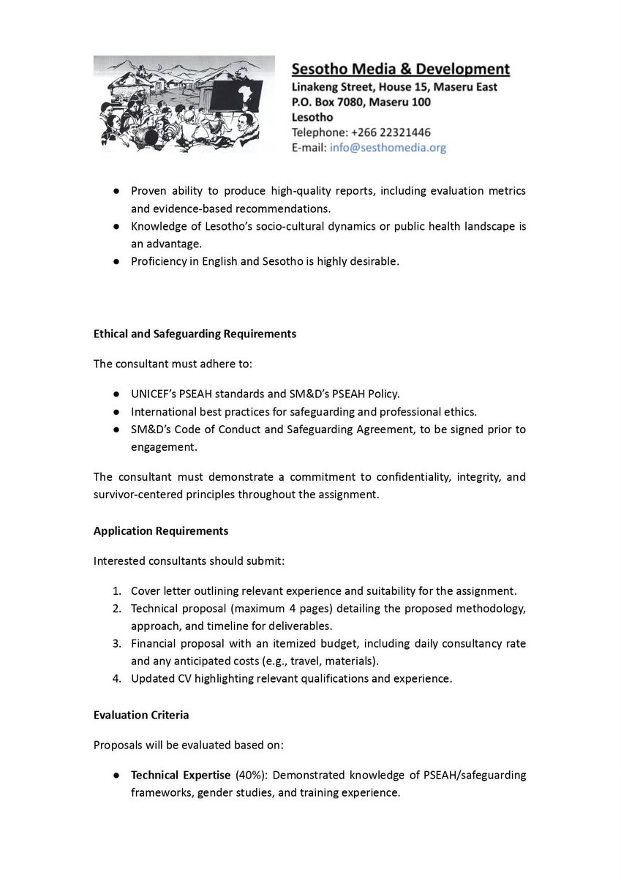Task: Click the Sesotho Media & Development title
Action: coord(400,70)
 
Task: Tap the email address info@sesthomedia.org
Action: coord(387,147)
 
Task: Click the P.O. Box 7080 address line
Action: coord(361,102)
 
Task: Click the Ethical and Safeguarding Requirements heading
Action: coord(195,333)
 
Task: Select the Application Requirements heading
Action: coord(161,530)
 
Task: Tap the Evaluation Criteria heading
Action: coord(141,715)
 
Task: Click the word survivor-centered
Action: coord(142,494)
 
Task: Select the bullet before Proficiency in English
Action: coord(116,261)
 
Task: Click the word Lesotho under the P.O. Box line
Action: coord(312,117)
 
